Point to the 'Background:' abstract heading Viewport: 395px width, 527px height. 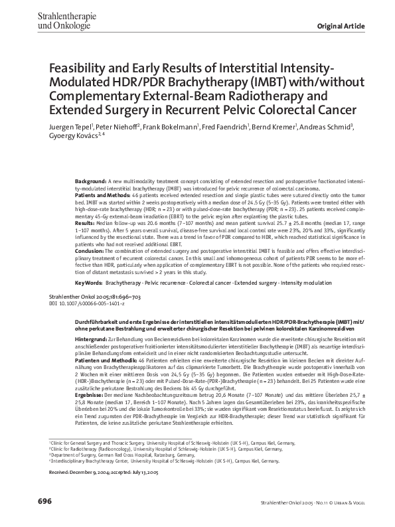tap(92, 180)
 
